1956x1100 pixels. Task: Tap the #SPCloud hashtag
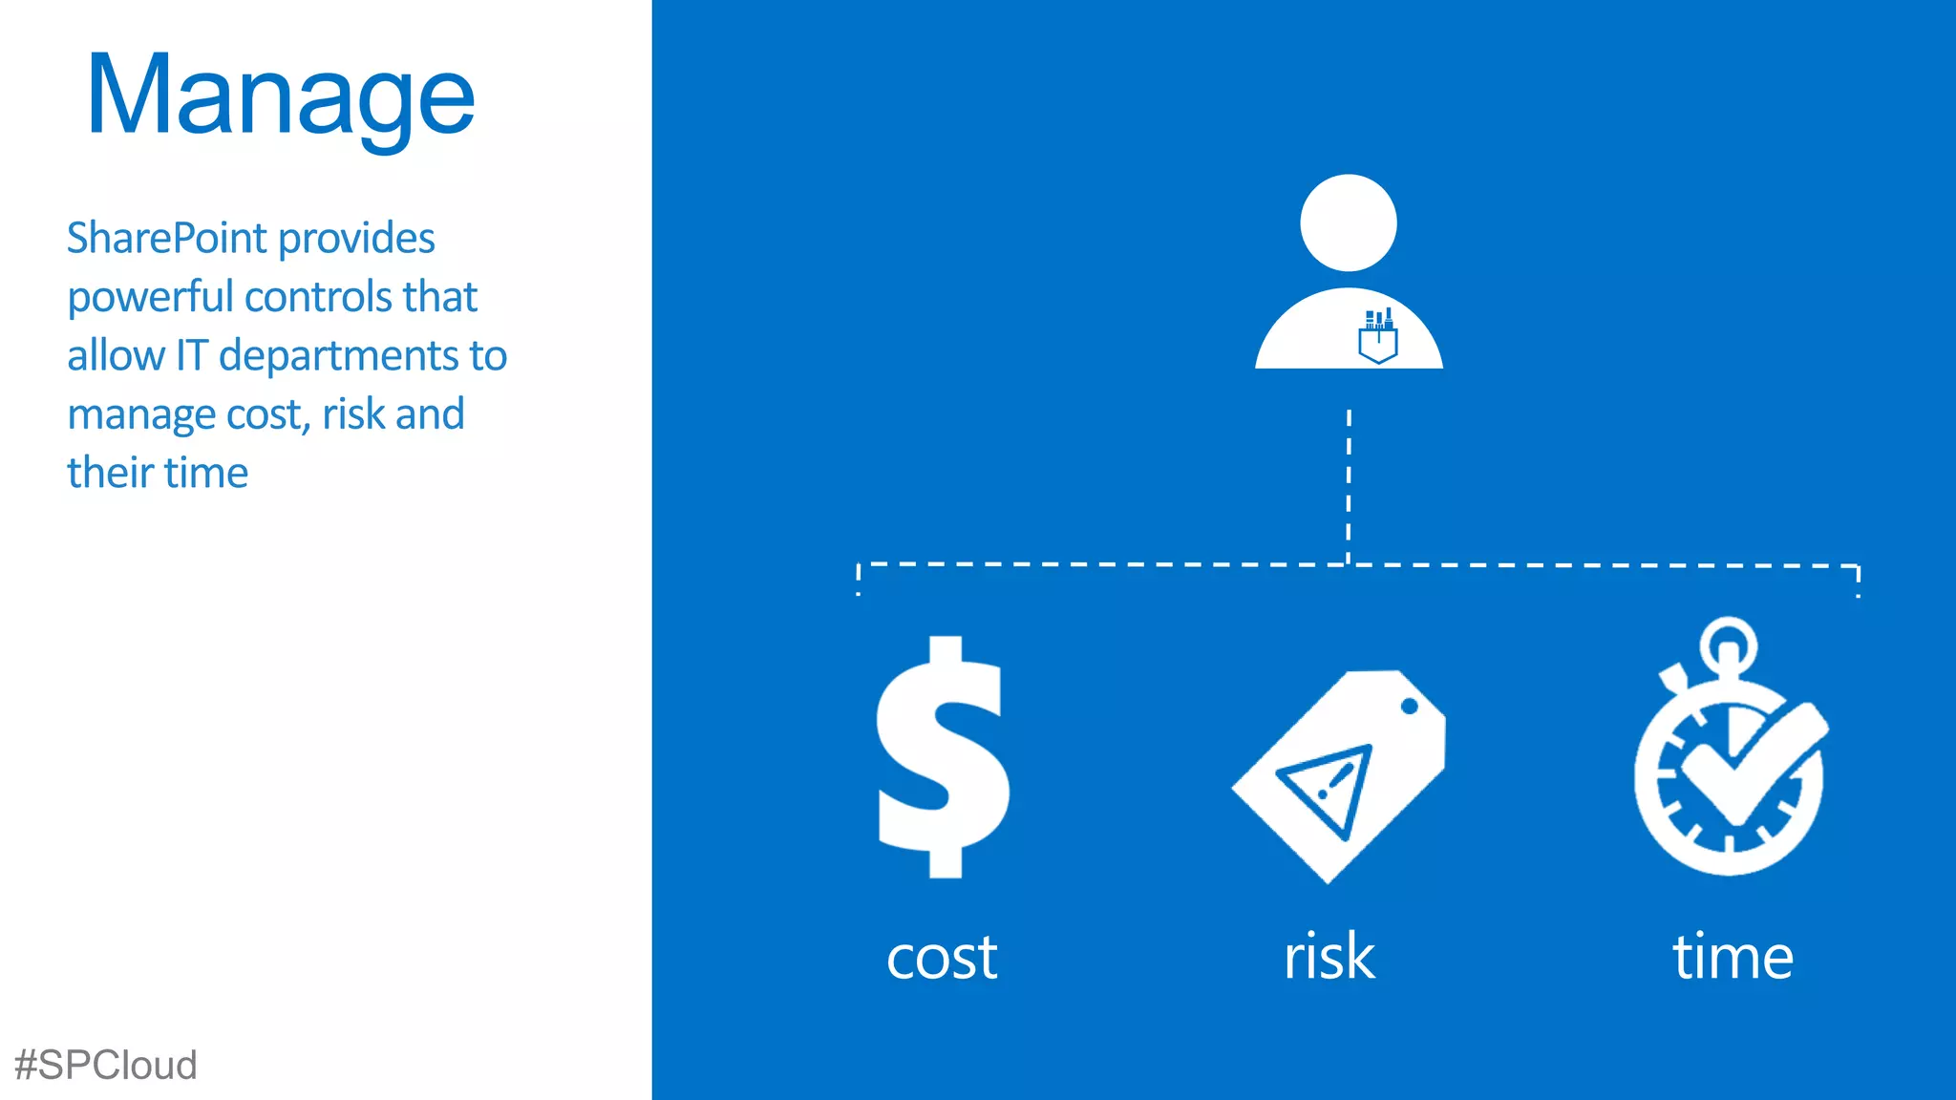click(x=106, y=1065)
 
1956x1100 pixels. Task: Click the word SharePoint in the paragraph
click(x=166, y=239)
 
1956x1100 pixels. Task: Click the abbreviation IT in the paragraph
click(x=191, y=356)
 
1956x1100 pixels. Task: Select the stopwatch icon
click(x=1730, y=754)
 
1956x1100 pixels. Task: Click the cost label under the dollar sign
click(x=942, y=957)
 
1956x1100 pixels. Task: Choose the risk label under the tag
click(x=1329, y=957)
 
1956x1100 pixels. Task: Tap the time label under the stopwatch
click(x=1733, y=957)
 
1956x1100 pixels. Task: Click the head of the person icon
click(x=1349, y=222)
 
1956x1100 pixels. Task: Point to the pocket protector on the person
click(x=1378, y=337)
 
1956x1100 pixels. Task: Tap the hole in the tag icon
click(x=1409, y=707)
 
